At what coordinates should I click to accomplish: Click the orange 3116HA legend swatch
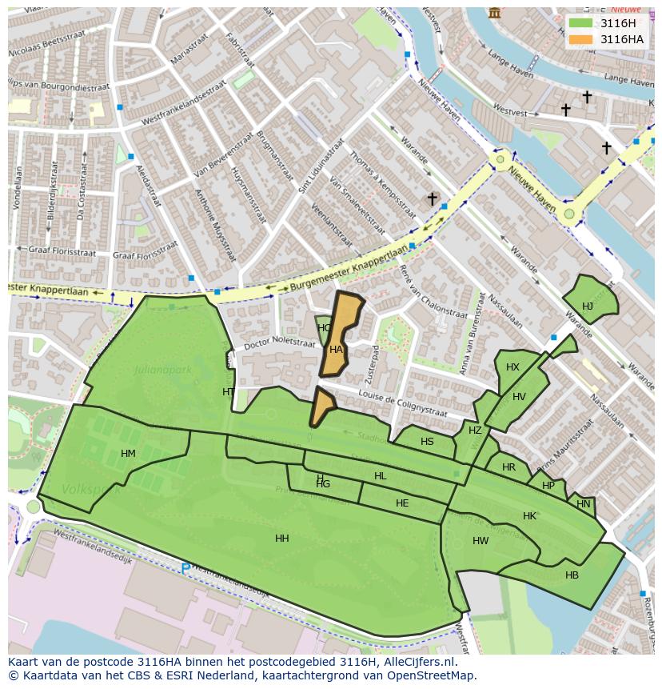582,39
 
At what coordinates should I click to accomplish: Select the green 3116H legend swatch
582,23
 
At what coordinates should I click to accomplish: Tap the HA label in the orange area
336,350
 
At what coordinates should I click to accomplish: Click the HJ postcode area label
588,306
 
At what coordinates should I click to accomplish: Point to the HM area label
128,454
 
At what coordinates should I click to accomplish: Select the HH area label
282,539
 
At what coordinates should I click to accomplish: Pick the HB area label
572,575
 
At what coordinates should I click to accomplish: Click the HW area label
481,541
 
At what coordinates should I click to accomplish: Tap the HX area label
512,367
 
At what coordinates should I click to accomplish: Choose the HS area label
427,442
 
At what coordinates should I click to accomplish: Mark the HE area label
402,503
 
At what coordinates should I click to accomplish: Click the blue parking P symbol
185,569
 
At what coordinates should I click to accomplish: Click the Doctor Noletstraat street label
281,342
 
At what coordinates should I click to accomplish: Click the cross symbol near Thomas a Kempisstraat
432,198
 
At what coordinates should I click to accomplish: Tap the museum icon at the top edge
495,13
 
